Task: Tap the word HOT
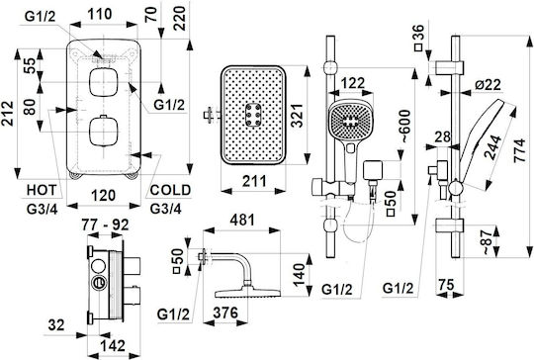click(42, 191)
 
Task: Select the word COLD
click(170, 190)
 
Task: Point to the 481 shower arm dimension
click(242, 220)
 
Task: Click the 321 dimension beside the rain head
click(298, 116)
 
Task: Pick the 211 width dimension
click(254, 181)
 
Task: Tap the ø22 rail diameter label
click(489, 84)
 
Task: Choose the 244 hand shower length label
click(492, 147)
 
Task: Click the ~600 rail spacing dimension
click(404, 126)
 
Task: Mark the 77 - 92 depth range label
click(105, 225)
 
